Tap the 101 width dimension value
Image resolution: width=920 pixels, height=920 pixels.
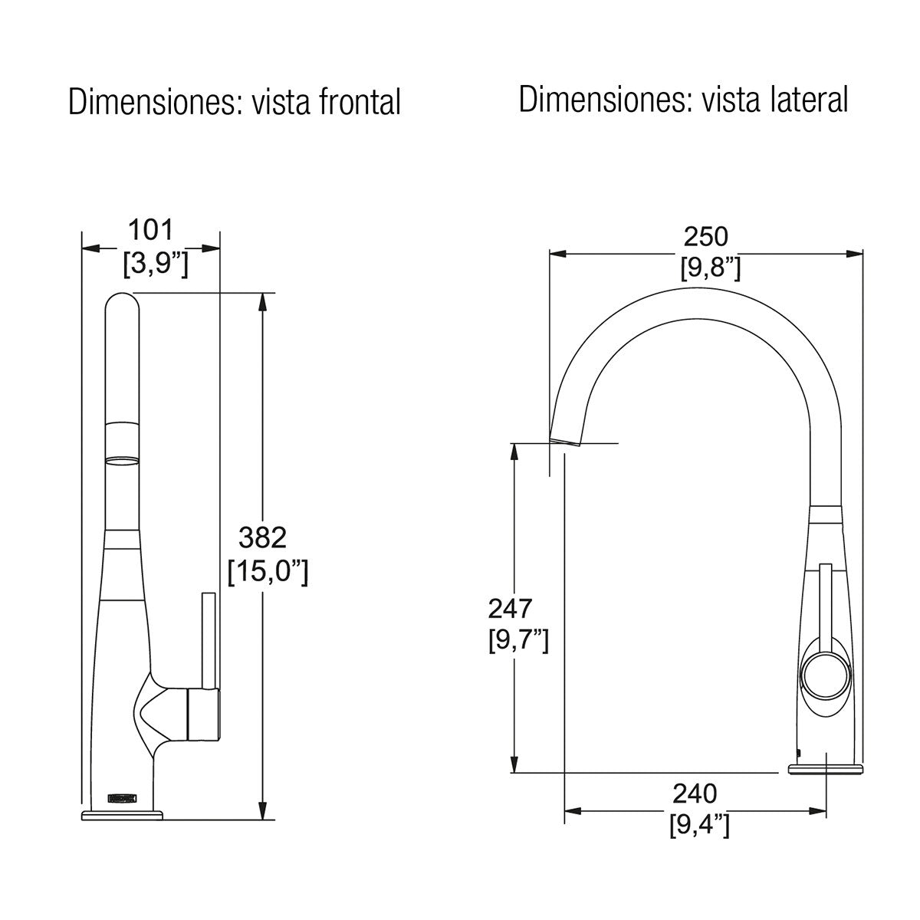click(150, 229)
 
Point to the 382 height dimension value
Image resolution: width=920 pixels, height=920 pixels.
click(262, 537)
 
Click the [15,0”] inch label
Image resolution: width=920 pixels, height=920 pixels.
click(268, 572)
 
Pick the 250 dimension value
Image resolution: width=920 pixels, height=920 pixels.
click(705, 236)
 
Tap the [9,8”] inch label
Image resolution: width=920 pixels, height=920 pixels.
click(710, 268)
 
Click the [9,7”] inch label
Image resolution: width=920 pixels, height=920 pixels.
click(517, 640)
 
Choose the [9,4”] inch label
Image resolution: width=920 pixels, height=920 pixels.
click(698, 826)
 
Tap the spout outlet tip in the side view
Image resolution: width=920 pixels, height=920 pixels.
click(565, 440)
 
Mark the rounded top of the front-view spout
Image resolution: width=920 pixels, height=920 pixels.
click(122, 303)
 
